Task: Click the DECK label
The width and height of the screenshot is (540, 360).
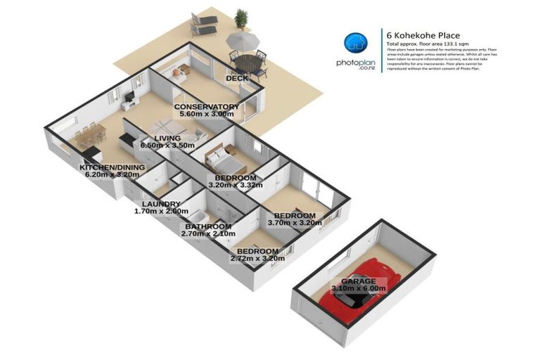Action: coord(236,77)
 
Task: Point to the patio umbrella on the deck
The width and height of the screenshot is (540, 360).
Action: coord(247,44)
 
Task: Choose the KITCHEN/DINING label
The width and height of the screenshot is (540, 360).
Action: coord(112,167)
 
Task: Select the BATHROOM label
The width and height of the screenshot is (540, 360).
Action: coord(208,226)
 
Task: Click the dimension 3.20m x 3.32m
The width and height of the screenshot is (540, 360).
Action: coord(235,186)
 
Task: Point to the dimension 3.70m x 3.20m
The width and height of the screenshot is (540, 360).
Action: coord(294,223)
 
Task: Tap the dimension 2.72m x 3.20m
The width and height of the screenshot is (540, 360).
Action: coord(257,258)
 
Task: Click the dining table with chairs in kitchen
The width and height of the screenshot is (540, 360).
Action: coord(89,132)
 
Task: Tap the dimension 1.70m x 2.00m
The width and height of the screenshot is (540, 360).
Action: coord(162,212)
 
